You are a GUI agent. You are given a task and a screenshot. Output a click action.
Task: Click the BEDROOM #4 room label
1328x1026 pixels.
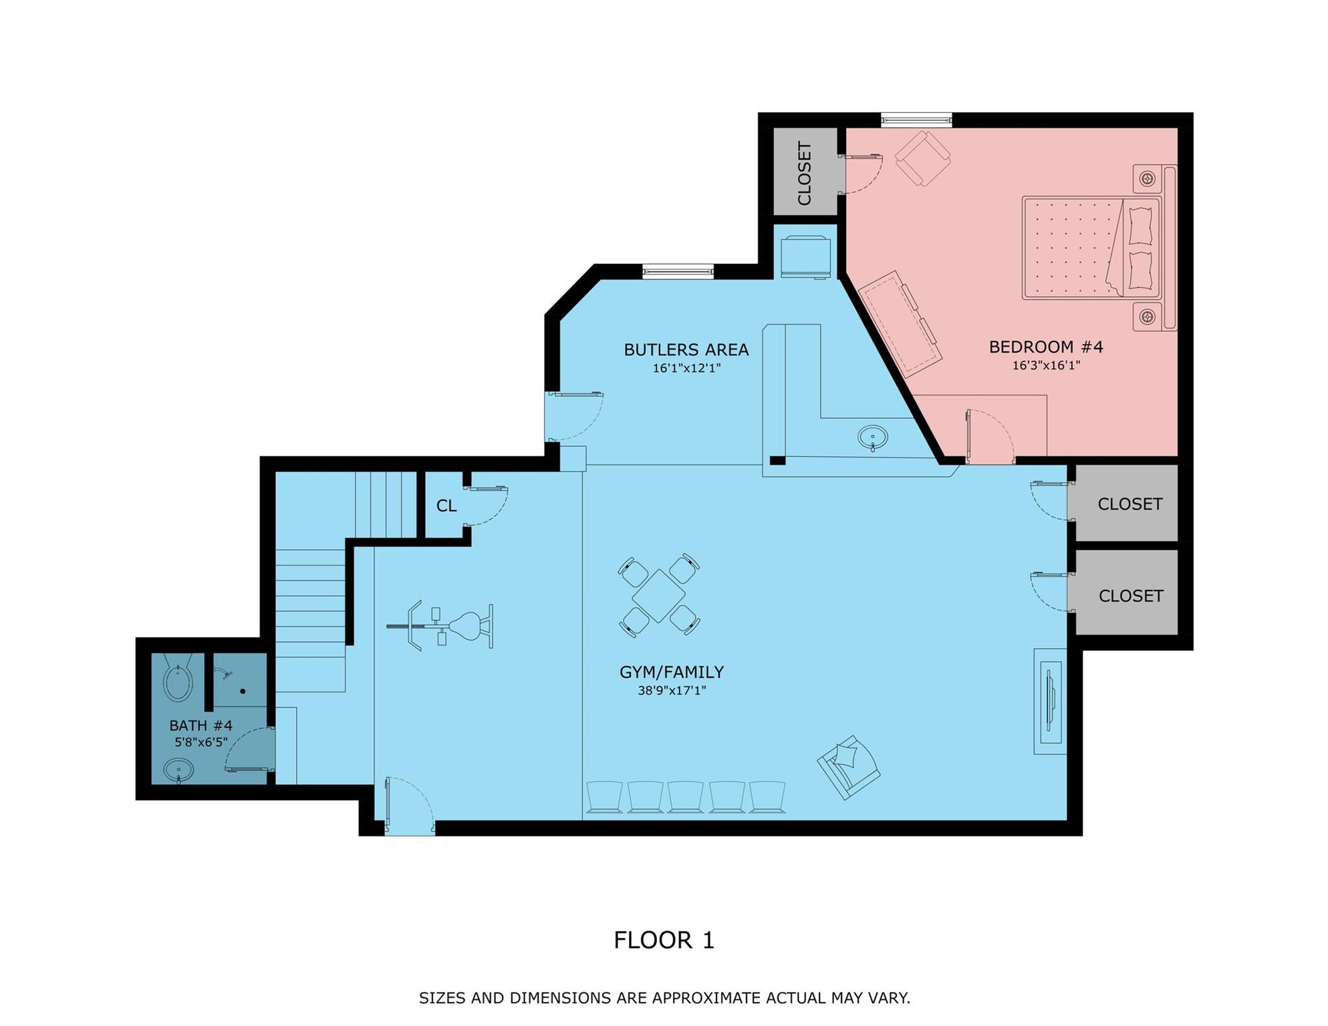click(x=1045, y=347)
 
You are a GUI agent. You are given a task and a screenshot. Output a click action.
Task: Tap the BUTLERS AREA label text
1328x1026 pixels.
click(x=686, y=349)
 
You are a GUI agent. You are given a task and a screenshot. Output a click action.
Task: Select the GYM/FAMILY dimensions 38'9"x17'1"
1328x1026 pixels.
click(x=671, y=691)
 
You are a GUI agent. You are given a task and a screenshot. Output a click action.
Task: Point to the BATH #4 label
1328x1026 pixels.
click(x=201, y=725)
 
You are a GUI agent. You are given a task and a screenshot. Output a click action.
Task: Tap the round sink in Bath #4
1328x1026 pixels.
click(x=178, y=771)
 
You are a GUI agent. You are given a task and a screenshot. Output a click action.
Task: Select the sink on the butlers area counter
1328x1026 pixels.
click(x=873, y=438)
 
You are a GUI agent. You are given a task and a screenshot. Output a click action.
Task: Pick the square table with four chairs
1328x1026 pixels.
click(x=659, y=595)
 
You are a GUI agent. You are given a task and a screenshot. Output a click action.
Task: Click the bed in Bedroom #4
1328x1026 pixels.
click(x=1091, y=248)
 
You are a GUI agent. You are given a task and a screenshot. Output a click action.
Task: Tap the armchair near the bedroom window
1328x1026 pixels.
click(x=923, y=158)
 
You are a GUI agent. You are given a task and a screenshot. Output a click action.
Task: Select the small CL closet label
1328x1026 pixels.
click(x=446, y=506)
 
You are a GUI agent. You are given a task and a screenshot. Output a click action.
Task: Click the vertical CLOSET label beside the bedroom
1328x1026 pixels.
click(x=805, y=173)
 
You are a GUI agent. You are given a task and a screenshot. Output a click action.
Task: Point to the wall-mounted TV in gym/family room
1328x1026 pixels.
click(x=1050, y=701)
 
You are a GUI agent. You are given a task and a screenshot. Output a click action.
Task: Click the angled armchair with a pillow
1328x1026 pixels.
click(x=848, y=767)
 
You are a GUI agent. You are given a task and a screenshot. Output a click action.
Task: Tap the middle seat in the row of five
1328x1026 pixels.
click(x=686, y=797)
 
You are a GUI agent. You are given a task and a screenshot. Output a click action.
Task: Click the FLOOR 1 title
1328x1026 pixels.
click(x=664, y=940)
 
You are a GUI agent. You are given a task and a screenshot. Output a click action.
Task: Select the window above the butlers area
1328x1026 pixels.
click(x=678, y=271)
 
